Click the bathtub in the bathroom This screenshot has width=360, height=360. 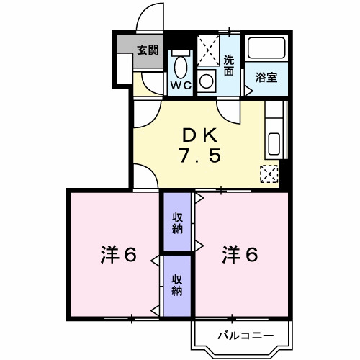pos(268,49)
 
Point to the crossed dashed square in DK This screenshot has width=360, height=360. pos(269,174)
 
